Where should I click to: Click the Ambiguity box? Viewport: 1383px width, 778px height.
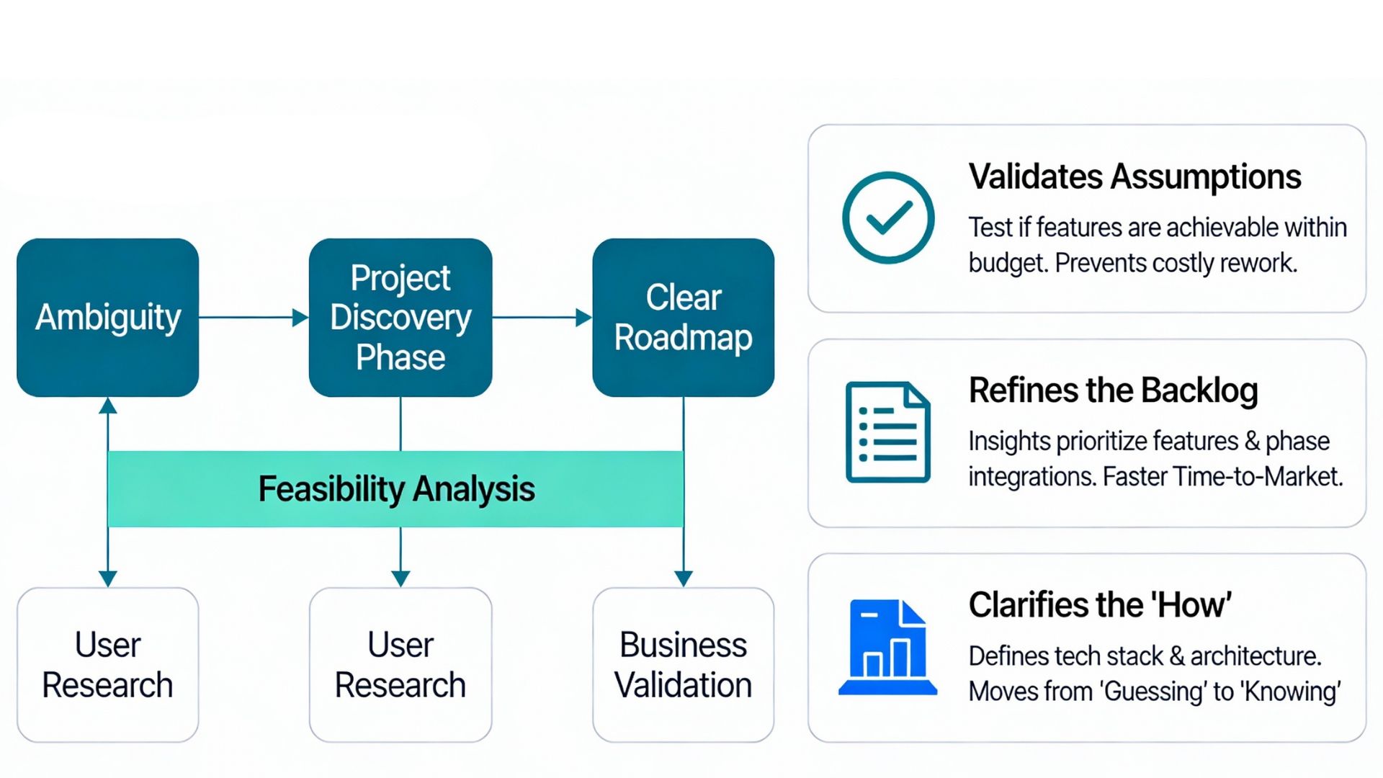108,318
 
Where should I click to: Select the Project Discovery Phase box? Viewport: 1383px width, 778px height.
400,318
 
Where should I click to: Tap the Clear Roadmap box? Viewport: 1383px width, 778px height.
684,318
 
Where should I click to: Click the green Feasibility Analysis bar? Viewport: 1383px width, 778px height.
395,489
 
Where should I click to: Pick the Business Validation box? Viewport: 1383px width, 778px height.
684,665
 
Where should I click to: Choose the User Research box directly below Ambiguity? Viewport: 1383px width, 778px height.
108,665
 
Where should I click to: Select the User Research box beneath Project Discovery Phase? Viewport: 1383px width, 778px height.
400,665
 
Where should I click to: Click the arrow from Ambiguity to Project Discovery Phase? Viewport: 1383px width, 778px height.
254,318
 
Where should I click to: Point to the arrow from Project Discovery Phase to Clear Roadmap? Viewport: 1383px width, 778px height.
542,318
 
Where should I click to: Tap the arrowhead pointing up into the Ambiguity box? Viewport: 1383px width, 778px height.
108,406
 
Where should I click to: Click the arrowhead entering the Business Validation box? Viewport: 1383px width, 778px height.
684,578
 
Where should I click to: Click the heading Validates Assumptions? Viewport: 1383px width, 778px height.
1134,177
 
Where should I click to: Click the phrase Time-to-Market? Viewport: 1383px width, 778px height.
1258,477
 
